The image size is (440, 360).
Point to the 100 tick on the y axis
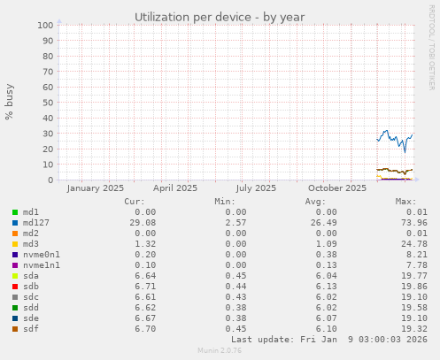coord(45,25)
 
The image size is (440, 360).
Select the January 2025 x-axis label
coord(95,188)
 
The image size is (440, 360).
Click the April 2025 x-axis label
coord(175,188)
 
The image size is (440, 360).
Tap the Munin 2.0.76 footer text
coord(220,351)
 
